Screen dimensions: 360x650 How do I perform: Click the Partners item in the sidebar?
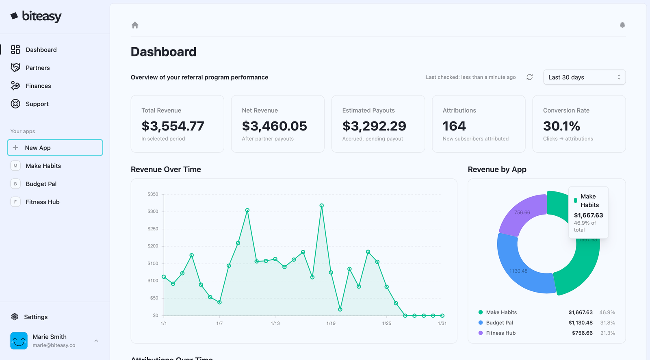[37, 68]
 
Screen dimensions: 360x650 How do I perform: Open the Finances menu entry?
[38, 86]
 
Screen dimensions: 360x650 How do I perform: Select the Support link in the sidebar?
[37, 104]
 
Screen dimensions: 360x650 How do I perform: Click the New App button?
[55, 147]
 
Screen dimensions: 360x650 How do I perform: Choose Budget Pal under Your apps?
[41, 184]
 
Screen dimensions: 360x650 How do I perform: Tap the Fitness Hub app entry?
[42, 202]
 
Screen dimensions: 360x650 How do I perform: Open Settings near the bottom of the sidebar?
[35, 317]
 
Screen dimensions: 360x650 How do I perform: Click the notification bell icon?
[622, 25]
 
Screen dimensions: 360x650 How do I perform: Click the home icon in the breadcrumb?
[135, 25]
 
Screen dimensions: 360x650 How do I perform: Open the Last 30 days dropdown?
[584, 77]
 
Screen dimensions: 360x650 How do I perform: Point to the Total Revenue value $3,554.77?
[173, 126]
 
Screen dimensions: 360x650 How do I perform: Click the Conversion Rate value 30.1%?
[561, 126]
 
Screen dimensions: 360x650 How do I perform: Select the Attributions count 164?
[454, 126]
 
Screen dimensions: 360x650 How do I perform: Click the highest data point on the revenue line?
[321, 206]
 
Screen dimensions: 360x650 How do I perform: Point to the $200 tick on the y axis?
[153, 246]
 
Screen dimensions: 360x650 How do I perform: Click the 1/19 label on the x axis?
[331, 323]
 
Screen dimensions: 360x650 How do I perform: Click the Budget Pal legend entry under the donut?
[499, 323]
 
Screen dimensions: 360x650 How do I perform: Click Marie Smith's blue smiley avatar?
[19, 340]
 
